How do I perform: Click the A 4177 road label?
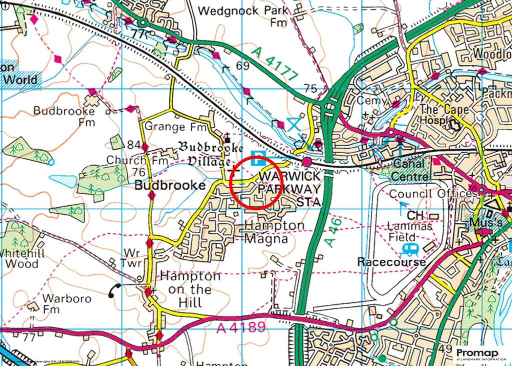(x=274, y=63)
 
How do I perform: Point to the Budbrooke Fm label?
(x=64, y=116)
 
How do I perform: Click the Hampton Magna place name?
(x=274, y=232)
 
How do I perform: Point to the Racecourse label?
(x=391, y=262)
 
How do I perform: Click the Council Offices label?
(x=433, y=193)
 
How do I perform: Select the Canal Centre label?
(x=410, y=170)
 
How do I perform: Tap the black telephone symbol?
(x=115, y=290)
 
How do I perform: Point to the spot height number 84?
(x=134, y=145)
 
